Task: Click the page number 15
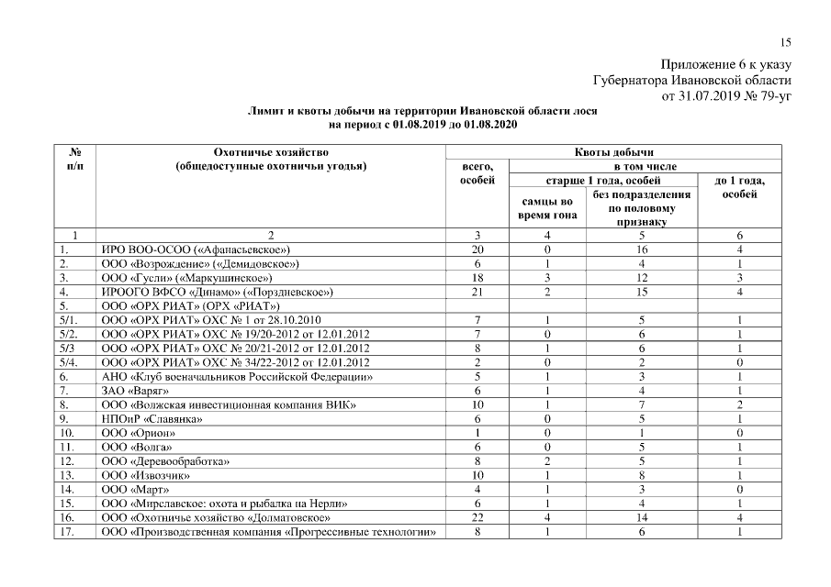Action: click(785, 41)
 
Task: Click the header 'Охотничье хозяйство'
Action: click(270, 151)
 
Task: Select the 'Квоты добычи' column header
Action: click(612, 151)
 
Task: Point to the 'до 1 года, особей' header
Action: click(739, 187)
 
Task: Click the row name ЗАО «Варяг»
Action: click(135, 390)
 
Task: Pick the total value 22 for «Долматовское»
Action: click(477, 517)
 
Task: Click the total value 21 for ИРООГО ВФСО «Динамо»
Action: click(477, 291)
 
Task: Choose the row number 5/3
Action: click(68, 348)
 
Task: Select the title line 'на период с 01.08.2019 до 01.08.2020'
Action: click(423, 123)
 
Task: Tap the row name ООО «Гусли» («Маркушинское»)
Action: click(187, 277)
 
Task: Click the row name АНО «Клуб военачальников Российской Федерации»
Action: click(237, 376)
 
